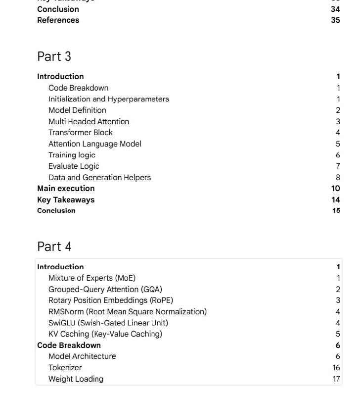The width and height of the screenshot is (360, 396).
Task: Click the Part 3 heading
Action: pos(54,56)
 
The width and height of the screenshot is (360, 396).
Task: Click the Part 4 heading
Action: pos(54,247)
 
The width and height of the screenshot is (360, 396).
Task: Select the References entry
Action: pos(58,20)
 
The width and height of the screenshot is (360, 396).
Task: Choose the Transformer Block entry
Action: pos(81,133)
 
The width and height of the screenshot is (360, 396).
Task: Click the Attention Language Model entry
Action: pos(95,144)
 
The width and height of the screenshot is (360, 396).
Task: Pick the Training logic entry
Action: pos(72,155)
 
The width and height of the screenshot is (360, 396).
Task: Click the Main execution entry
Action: pos(66,189)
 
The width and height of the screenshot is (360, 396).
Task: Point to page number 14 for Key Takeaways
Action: pos(336,200)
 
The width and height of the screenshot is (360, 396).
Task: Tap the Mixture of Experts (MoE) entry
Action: pos(92,278)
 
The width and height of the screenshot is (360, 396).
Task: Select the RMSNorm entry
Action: pos(127,312)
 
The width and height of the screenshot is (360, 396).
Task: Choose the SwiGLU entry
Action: pos(108,323)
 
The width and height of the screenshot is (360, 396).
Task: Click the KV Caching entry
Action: pos(105,334)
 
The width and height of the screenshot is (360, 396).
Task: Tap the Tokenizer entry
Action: pos(65,368)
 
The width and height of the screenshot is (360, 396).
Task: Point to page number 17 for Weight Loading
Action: pos(336,379)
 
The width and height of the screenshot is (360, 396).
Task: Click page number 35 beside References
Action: pos(335,20)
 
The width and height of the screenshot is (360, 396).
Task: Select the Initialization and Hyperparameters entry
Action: pos(109,99)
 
